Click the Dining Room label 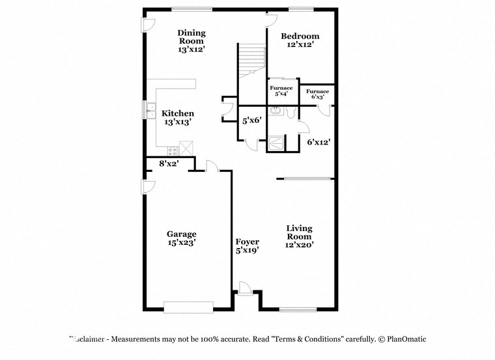point(191,41)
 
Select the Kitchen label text point(178,117)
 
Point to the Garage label point(181,238)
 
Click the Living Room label point(300,236)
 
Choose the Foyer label point(247,245)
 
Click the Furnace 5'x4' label point(282,90)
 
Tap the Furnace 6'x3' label point(318,94)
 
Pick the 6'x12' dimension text point(320,141)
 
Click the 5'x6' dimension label point(251,120)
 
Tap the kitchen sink point(150,109)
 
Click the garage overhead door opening point(188,306)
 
